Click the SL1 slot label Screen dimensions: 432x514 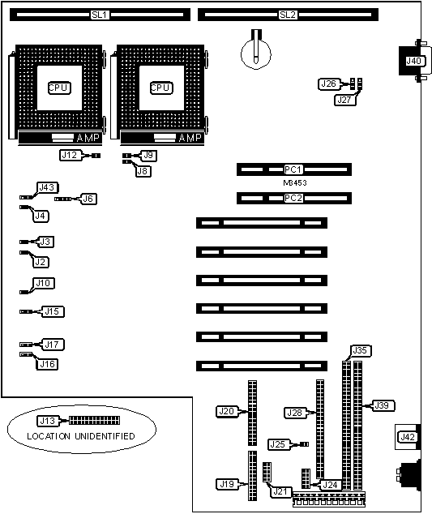[100, 15]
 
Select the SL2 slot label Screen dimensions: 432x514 [288, 15]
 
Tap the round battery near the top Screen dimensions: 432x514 [256, 54]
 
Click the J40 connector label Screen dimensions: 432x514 [413, 61]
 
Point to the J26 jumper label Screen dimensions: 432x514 [328, 84]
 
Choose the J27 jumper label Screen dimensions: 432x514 [344, 100]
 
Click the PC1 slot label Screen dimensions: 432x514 [293, 169]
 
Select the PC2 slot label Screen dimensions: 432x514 [293, 199]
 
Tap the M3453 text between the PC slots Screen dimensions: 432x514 [295, 183]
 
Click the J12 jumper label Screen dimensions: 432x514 [70, 155]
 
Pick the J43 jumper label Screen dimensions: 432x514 [47, 187]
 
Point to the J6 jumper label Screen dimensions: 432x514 [88, 199]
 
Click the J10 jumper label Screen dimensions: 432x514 [44, 283]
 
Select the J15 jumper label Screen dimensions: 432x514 [53, 311]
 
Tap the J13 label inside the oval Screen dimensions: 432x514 [48, 421]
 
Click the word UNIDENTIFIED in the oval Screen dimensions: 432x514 [105, 436]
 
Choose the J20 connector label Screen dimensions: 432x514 [226, 411]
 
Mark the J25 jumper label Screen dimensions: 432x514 [278, 444]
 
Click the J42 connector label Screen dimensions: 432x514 [408, 437]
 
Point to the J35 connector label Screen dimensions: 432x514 [360, 350]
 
